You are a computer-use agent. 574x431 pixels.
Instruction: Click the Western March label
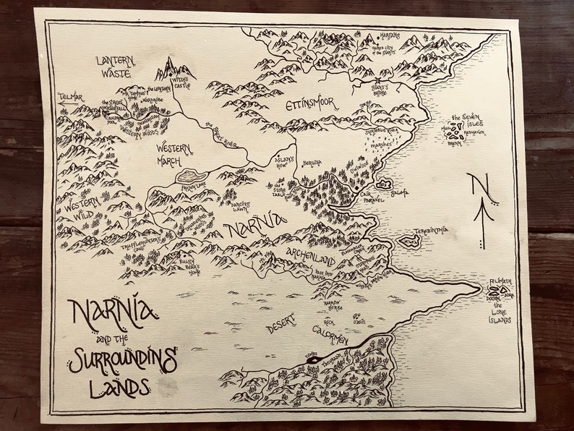pyautogui.click(x=174, y=153)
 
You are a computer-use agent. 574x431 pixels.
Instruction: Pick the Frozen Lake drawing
pyautogui.click(x=191, y=176)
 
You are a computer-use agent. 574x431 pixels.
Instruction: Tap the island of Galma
pyautogui.click(x=383, y=186)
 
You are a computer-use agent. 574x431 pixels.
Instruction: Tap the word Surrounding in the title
pyautogui.click(x=122, y=359)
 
